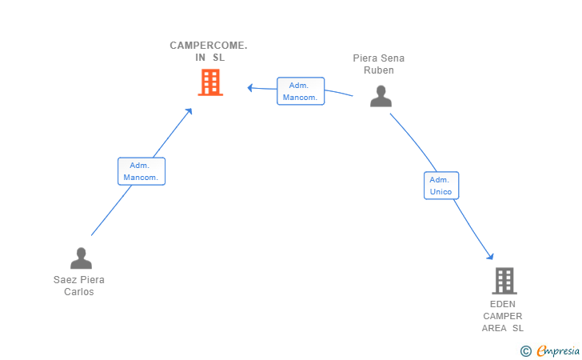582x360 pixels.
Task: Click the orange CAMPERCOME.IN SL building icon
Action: pyautogui.click(x=209, y=82)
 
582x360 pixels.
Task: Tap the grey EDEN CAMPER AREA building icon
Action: pyautogui.click(x=504, y=281)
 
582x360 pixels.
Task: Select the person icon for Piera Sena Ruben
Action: pyautogui.click(x=381, y=96)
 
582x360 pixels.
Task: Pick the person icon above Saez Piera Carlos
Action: pyautogui.click(x=81, y=258)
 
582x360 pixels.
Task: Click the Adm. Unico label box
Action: pyautogui.click(x=440, y=186)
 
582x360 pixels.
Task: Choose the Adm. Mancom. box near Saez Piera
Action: pyautogui.click(x=142, y=171)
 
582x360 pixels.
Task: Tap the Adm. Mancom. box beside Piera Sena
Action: pyautogui.click(x=301, y=91)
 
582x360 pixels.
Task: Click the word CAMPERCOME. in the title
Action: pyautogui.click(x=209, y=46)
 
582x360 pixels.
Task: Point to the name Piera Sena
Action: pyautogui.click(x=379, y=58)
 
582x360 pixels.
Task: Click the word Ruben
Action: pyautogui.click(x=379, y=70)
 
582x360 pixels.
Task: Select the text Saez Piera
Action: pyautogui.click(x=79, y=280)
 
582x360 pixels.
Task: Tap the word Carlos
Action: pyautogui.click(x=79, y=292)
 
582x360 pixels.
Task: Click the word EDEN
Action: pyautogui.click(x=503, y=304)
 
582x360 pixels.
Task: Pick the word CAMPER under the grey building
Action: pyautogui.click(x=503, y=316)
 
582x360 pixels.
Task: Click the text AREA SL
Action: pyautogui.click(x=503, y=328)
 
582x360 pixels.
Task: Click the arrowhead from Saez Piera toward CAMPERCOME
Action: pyautogui.click(x=189, y=112)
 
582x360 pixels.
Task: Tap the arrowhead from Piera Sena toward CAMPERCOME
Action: pyautogui.click(x=250, y=87)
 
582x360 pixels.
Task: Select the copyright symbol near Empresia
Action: pyautogui.click(x=525, y=350)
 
